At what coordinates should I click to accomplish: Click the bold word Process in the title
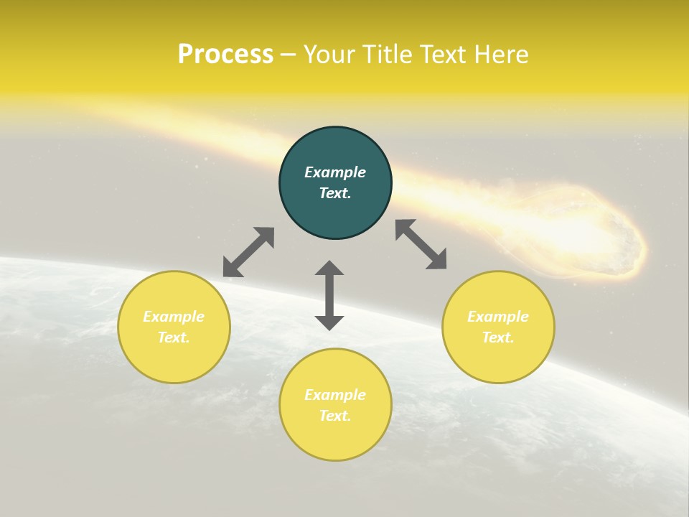click(x=225, y=54)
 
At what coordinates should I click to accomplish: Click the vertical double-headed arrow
click(x=329, y=295)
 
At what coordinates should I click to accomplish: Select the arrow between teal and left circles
click(x=248, y=252)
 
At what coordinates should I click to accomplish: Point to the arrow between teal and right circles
click(x=421, y=244)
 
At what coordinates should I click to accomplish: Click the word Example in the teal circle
click(x=335, y=172)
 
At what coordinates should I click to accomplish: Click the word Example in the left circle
click(x=174, y=317)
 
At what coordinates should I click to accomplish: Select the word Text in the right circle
click(x=498, y=337)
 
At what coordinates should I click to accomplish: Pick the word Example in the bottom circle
click(x=335, y=395)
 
